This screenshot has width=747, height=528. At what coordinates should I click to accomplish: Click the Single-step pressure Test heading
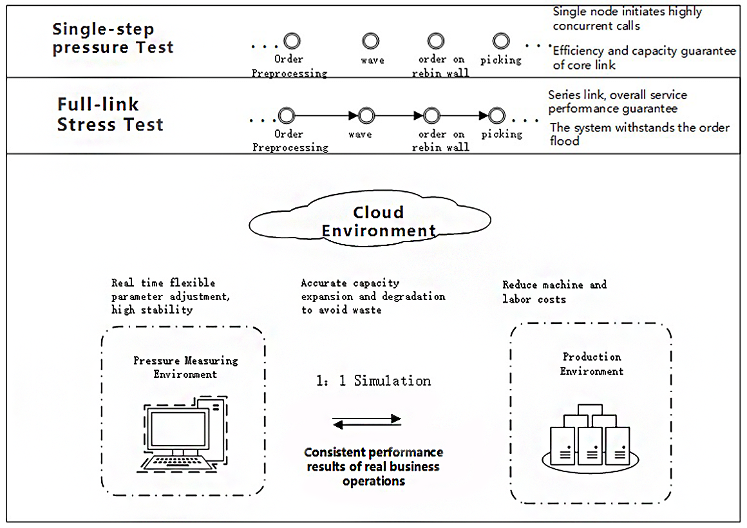click(113, 39)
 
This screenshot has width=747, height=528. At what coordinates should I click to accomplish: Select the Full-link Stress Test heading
click(110, 115)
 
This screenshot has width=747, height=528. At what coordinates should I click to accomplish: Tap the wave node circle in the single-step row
click(370, 42)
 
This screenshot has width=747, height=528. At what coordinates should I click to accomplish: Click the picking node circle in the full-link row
click(496, 116)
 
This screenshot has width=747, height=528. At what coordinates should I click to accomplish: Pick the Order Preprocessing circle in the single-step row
click(292, 42)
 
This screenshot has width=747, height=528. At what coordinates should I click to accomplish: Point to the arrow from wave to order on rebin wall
click(394, 116)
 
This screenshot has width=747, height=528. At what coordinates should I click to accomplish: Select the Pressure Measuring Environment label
click(185, 367)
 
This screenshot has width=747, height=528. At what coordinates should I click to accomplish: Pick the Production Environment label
click(592, 364)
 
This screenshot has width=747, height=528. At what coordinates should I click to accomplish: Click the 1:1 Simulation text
click(373, 381)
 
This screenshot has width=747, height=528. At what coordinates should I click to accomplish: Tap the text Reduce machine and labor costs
click(554, 292)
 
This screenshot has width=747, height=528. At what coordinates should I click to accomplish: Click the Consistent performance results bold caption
click(373, 467)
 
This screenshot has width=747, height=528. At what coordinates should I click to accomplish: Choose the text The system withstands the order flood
click(639, 134)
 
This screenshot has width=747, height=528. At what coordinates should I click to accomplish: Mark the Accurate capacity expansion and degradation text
click(373, 296)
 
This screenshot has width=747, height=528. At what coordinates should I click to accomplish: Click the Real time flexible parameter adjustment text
click(171, 296)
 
